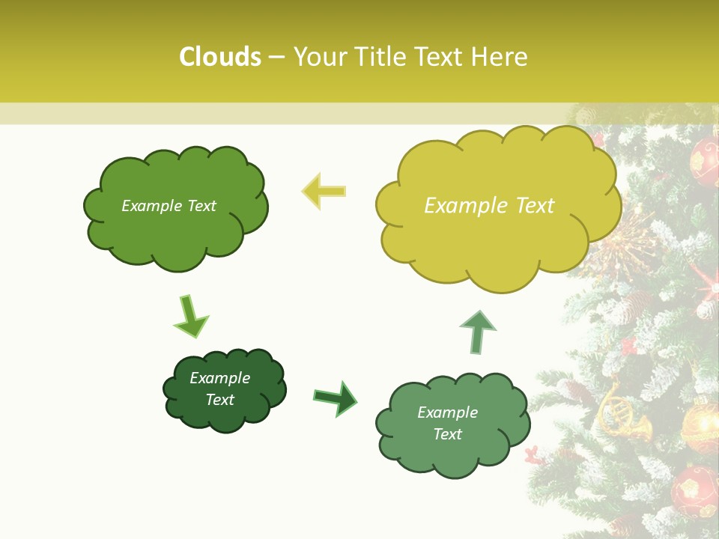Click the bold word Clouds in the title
[x=220, y=57]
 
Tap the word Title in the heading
[x=375, y=57]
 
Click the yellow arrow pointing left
[x=324, y=191]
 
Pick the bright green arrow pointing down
[x=189, y=316]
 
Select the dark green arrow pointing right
[x=336, y=398]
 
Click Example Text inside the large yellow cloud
[x=489, y=206]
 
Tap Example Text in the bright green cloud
[x=169, y=206]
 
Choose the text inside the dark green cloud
[x=219, y=389]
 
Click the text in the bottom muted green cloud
[x=447, y=423]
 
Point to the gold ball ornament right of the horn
[x=701, y=423]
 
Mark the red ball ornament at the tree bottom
[x=694, y=490]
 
